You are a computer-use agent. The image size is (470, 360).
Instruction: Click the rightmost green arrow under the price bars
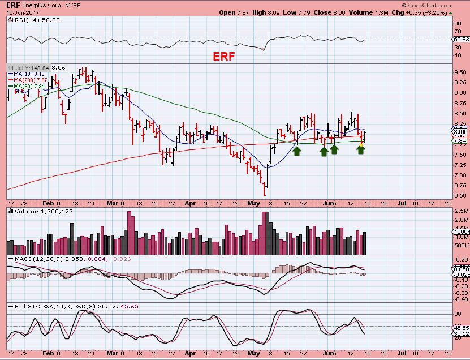tap(361, 151)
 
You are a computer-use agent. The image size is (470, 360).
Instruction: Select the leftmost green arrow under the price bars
tap(297, 151)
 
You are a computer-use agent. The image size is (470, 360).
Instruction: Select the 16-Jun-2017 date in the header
tap(20, 12)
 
